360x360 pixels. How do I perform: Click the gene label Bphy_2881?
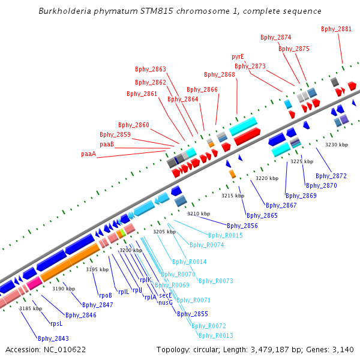[336, 29]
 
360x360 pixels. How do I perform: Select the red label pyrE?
[238, 57]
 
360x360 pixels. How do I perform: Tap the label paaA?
[89, 154]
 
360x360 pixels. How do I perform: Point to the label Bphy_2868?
[220, 74]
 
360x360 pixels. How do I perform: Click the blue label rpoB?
[106, 295]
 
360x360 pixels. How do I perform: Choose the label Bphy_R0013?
[216, 335]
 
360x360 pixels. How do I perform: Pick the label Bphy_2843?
[53, 338]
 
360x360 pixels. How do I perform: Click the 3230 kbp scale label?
[337, 145]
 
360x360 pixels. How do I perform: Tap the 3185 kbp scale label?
[31, 308]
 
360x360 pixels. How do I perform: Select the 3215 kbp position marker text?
[233, 196]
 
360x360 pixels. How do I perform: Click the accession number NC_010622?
[65, 350]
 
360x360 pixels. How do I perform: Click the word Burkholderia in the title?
[65, 11]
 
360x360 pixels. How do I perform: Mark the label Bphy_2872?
[331, 176]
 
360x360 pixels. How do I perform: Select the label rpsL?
[56, 324]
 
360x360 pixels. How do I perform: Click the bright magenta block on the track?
[34, 284]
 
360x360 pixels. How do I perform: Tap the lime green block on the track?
[123, 232]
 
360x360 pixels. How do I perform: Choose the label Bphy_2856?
[242, 226]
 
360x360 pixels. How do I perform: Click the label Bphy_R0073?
[216, 281]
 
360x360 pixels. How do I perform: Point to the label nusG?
[166, 302]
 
